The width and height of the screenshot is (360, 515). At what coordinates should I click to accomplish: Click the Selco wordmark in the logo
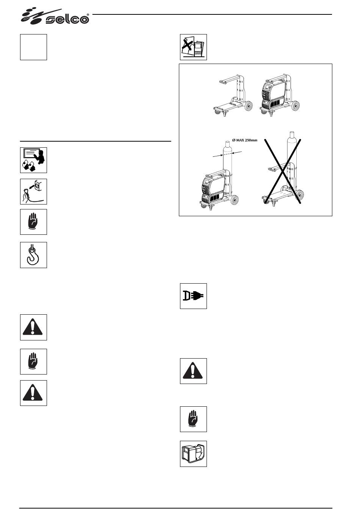[67, 19]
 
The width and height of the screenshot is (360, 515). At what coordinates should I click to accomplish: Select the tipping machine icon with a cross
[194, 47]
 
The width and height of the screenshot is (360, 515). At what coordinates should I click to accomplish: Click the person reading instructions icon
[34, 160]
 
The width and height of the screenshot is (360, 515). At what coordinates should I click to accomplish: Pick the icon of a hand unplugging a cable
[34, 192]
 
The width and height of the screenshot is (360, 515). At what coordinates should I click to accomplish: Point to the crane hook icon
[34, 255]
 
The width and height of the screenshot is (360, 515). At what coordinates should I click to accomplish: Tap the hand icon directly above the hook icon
[34, 222]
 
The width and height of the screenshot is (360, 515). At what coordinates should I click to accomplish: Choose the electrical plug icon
[194, 296]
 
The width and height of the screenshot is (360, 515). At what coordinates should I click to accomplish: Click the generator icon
[194, 454]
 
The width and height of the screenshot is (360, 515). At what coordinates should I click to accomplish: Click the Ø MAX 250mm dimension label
[245, 140]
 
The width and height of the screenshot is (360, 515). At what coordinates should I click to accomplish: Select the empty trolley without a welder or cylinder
[233, 96]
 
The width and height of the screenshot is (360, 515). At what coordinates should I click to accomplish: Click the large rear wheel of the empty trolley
[249, 106]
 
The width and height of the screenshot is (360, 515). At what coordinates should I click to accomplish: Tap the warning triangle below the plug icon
[194, 371]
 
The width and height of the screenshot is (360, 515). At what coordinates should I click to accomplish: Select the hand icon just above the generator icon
[194, 419]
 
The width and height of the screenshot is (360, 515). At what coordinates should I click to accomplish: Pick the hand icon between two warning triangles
[34, 361]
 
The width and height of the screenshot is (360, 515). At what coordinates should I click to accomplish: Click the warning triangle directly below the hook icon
[34, 327]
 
